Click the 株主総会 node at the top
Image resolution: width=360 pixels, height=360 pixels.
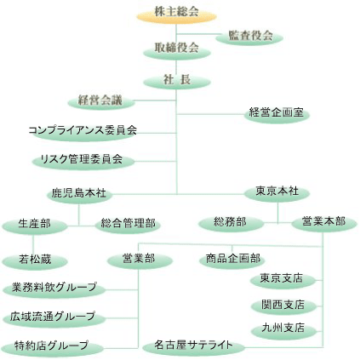pyautogui.click(x=176, y=14)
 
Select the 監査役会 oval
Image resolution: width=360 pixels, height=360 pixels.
pyautogui.click(x=249, y=37)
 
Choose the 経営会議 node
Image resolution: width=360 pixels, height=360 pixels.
pyautogui.click(x=101, y=101)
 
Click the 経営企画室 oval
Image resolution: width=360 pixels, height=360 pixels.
pyautogui.click(x=277, y=114)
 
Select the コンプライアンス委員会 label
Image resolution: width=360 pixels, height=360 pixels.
pyautogui.click(x=83, y=130)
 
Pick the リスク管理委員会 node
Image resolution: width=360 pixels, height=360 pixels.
pyautogui.click(x=83, y=161)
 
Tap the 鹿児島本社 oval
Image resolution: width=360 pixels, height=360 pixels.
pyautogui.click(x=79, y=195)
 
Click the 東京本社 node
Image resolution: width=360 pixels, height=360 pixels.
pyautogui.click(x=277, y=193)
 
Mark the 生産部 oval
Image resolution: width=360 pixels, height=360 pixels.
pyautogui.click(x=35, y=226)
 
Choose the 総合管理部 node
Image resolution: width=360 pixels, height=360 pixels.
pyautogui.click(x=128, y=225)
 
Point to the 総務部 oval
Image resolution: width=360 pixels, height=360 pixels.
pyautogui.click(x=231, y=224)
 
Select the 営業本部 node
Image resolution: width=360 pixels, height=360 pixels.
pyautogui.click(x=324, y=223)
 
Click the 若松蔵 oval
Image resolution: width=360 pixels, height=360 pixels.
pyautogui.click(x=35, y=260)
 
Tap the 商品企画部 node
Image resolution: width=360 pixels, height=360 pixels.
pyautogui.click(x=232, y=260)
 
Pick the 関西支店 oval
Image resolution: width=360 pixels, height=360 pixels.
pyautogui.click(x=283, y=306)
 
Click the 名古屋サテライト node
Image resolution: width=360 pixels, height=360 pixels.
pyautogui.click(x=193, y=347)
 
